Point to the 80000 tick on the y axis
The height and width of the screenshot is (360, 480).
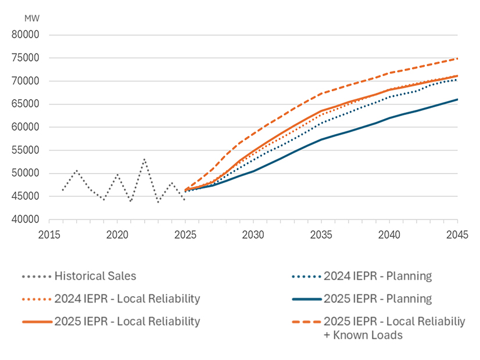(x=25, y=35)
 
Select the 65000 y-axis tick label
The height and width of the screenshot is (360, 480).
(x=25, y=104)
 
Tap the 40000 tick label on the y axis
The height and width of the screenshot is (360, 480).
(x=25, y=219)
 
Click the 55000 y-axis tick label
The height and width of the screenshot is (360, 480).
(x=25, y=150)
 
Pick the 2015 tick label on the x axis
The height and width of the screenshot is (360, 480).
(x=49, y=235)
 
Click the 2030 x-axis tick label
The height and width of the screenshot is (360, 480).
(x=253, y=235)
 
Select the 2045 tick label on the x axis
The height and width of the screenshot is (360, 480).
(x=457, y=235)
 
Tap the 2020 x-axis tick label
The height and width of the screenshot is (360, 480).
(x=117, y=235)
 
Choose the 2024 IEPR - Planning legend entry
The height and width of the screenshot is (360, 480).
(x=378, y=276)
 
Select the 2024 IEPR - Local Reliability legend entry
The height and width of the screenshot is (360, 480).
(x=127, y=298)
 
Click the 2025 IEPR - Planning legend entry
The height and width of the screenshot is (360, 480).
(x=378, y=298)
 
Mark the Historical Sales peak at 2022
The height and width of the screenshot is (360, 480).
(x=145, y=158)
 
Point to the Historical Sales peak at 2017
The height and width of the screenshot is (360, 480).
(x=77, y=170)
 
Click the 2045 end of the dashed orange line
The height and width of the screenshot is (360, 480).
(x=457, y=59)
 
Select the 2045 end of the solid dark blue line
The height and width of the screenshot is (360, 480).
(x=457, y=99)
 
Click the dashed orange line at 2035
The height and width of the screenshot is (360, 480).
(x=321, y=93)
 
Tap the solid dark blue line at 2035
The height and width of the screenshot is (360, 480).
(x=321, y=139)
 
